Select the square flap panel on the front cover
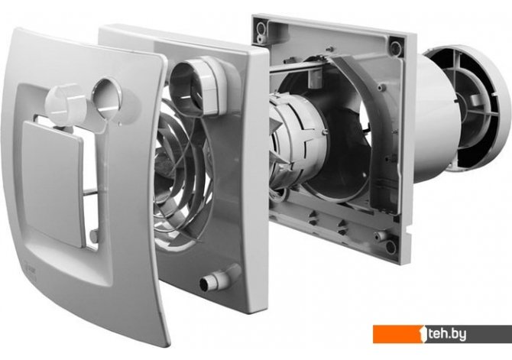(53, 183)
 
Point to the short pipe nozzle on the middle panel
(217, 279)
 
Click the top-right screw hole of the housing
(396, 47)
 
